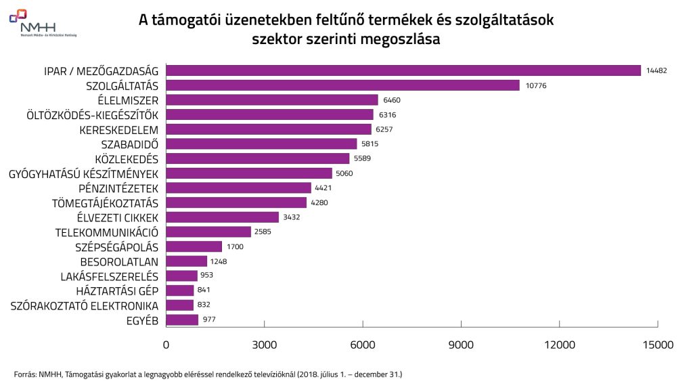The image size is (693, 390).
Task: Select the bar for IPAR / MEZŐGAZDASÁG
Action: click(x=403, y=70)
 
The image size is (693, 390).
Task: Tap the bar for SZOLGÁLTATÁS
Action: click(x=342, y=85)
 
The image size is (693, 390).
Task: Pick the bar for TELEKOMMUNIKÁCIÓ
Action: click(x=208, y=232)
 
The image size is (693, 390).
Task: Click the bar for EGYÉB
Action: click(x=182, y=320)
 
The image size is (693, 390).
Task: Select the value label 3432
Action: click(x=292, y=217)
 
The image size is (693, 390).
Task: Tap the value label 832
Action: click(x=206, y=305)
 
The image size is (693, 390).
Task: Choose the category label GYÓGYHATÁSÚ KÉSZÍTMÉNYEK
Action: click(x=83, y=173)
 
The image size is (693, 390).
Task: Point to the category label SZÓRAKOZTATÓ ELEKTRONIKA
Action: click(x=85, y=305)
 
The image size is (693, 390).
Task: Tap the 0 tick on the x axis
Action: click(x=166, y=345)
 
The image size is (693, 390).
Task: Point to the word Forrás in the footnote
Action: click(x=24, y=374)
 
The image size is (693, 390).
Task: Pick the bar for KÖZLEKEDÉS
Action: click(x=258, y=158)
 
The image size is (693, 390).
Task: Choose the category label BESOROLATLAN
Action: click(x=119, y=261)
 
